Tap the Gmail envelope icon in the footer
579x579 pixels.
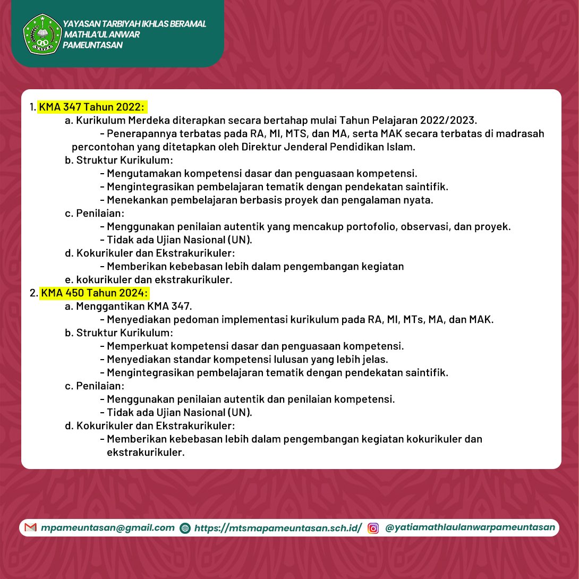(x=31, y=527)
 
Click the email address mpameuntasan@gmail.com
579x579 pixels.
(x=108, y=527)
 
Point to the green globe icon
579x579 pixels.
(x=185, y=528)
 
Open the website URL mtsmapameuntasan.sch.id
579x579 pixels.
(x=278, y=527)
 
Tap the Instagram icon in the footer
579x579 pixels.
(x=373, y=528)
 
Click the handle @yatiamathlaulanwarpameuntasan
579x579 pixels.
(x=470, y=527)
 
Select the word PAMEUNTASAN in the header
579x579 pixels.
(x=92, y=45)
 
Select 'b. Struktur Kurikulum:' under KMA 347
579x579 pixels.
(x=119, y=160)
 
